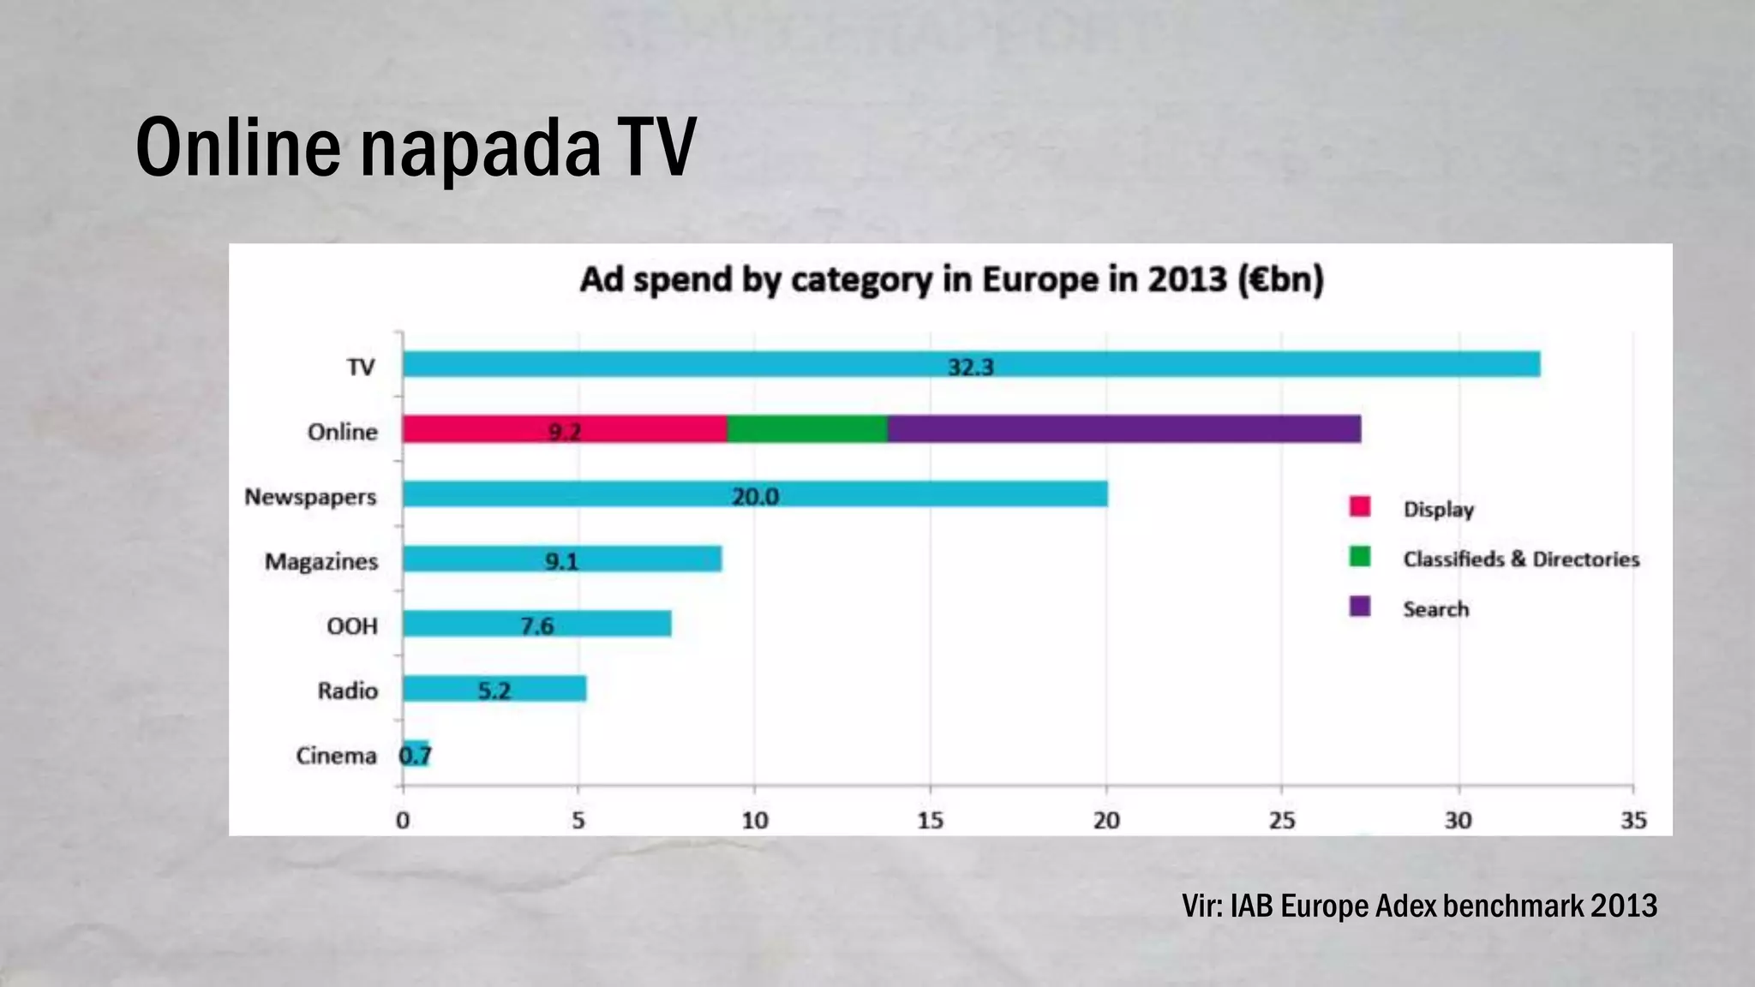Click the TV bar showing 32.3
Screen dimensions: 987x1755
pyautogui.click(x=971, y=365)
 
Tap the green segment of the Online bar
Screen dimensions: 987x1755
pyautogui.click(x=806, y=429)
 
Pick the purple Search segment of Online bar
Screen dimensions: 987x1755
pyautogui.click(x=1123, y=429)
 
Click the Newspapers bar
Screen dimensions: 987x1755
pyautogui.click(x=754, y=494)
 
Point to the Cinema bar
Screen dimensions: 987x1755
pyautogui.click(x=416, y=754)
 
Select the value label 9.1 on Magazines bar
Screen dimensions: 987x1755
pyautogui.click(x=562, y=561)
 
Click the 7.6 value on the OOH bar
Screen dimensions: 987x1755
pyautogui.click(x=537, y=625)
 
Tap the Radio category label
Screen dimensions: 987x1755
pyautogui.click(x=347, y=691)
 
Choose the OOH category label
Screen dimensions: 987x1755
pyautogui.click(x=352, y=626)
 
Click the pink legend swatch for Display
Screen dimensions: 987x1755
pyautogui.click(x=1360, y=507)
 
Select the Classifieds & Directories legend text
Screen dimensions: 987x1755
pyautogui.click(x=1521, y=559)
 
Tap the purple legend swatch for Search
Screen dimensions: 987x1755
pyautogui.click(x=1360, y=607)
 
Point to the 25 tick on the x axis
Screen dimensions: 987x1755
pyautogui.click(x=1282, y=821)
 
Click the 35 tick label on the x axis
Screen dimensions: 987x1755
pyautogui.click(x=1633, y=821)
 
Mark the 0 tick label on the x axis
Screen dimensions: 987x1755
pyautogui.click(x=403, y=821)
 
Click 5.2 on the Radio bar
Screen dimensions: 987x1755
pyautogui.click(x=494, y=691)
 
